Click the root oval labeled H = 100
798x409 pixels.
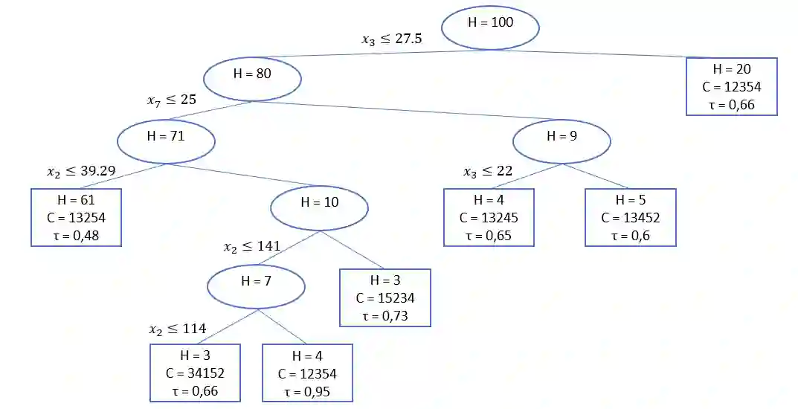(489, 28)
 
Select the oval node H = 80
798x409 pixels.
(252, 78)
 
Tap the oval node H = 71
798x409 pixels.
(166, 141)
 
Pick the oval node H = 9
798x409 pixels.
(562, 140)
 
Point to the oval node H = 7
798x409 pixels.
(256, 286)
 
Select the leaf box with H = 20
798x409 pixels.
(731, 87)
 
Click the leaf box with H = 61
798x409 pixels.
(76, 217)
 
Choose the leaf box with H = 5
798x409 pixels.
(630, 217)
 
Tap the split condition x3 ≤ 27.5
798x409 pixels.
(392, 39)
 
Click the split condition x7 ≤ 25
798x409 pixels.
(172, 100)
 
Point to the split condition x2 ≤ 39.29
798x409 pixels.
(81, 171)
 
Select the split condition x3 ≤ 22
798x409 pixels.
(488, 171)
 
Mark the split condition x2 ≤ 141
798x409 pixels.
(252, 247)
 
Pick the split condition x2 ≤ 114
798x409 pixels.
(178, 329)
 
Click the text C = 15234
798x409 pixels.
(385, 298)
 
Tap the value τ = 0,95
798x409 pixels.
(307, 390)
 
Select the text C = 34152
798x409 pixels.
(196, 373)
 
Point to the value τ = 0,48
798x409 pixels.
(77, 234)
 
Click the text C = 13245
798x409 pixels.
(489, 218)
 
